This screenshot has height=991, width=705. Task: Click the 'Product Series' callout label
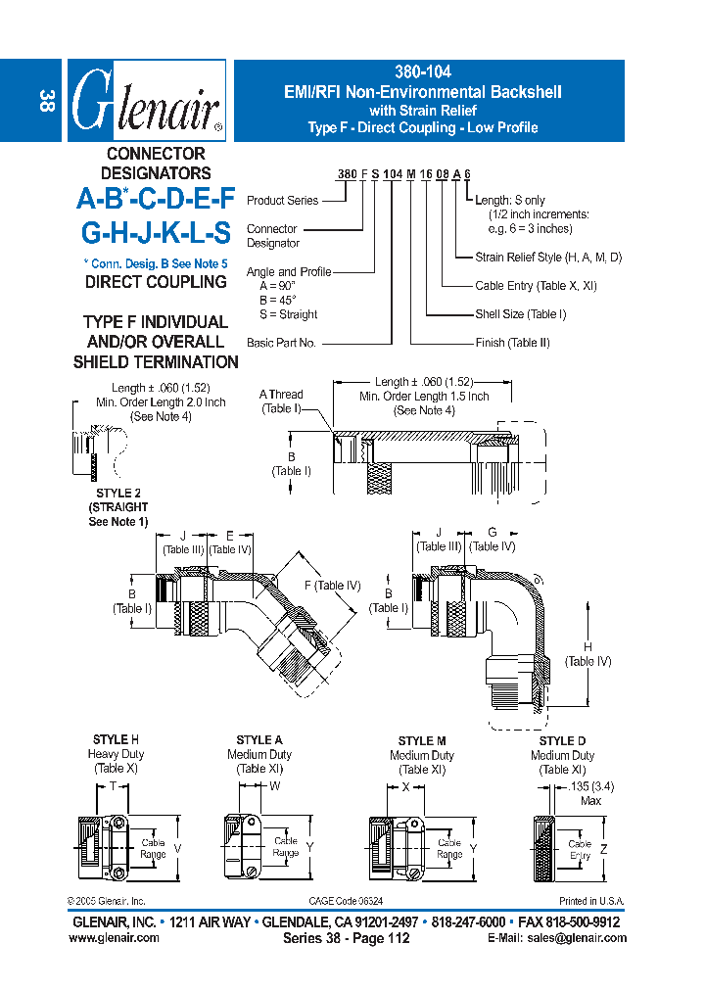coord(282,201)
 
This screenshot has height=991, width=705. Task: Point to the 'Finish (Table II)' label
coord(512,343)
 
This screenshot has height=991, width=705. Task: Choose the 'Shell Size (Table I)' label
coord(520,314)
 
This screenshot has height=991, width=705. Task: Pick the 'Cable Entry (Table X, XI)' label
coord(535,286)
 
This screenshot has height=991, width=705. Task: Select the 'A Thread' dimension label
coord(281,395)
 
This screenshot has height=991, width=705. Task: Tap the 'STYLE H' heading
coord(116,740)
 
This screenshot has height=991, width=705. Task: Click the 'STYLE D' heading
coord(562,741)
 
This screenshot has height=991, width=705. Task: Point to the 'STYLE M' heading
coord(422,741)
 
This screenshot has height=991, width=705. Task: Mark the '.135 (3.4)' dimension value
coord(590,786)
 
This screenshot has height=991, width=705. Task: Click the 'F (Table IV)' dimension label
coord(332,586)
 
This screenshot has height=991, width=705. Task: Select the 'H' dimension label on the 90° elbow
coord(587,647)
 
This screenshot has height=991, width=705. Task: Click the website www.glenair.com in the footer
coord(114,938)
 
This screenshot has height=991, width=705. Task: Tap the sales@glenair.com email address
coord(585,938)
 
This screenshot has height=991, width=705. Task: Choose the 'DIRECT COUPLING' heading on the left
coord(156,282)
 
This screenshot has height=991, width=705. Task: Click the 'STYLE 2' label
coord(118,494)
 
